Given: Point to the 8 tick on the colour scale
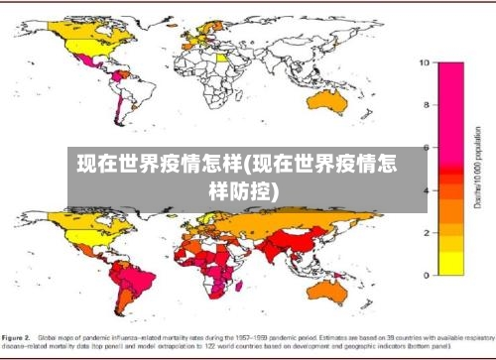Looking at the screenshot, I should click(x=424, y=104).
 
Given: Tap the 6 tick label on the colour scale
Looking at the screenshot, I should click(x=424, y=147).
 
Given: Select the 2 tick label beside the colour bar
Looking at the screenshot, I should click(x=424, y=232).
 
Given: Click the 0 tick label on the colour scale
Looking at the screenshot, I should click(x=424, y=275).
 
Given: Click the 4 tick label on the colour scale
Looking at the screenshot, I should click(x=424, y=189).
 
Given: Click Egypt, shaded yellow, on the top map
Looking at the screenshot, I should click(x=236, y=59).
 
